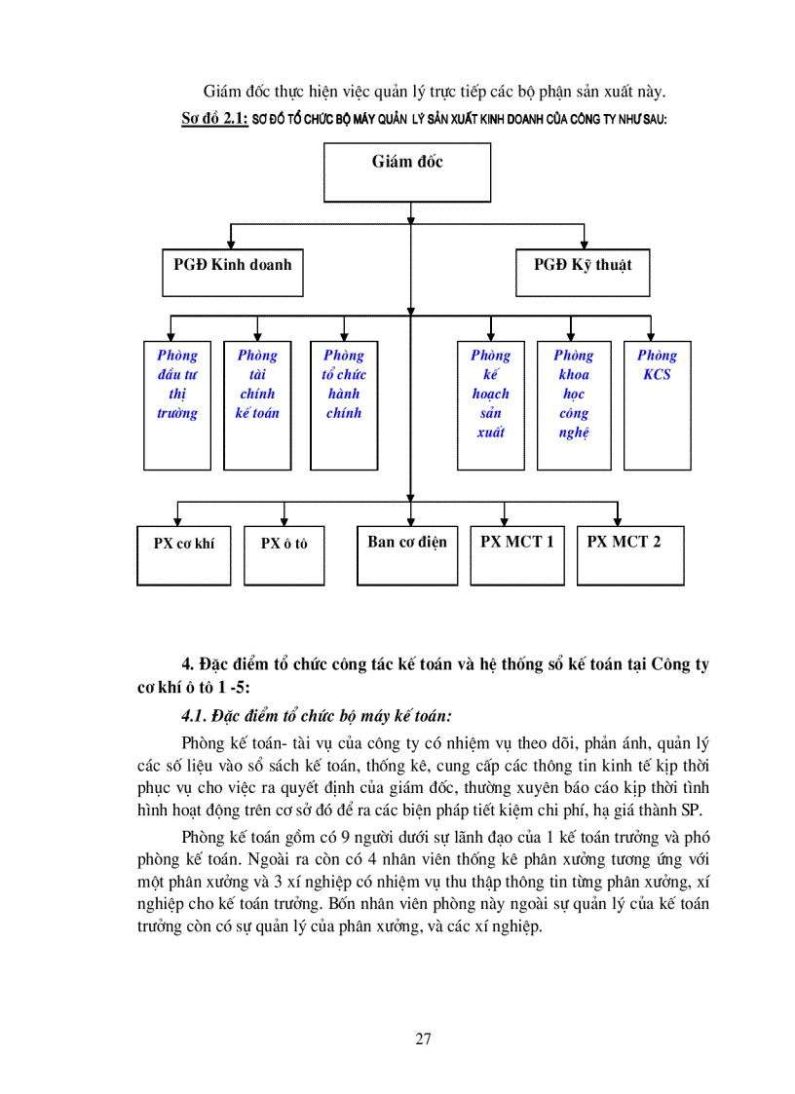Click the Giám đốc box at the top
407,171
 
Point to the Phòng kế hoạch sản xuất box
490,404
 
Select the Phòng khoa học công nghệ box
573,404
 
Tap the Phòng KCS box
657,404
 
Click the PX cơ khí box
183,555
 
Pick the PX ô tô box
284,555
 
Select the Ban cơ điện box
407,555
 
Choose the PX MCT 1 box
516,555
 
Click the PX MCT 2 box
629,555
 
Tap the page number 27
423,1038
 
